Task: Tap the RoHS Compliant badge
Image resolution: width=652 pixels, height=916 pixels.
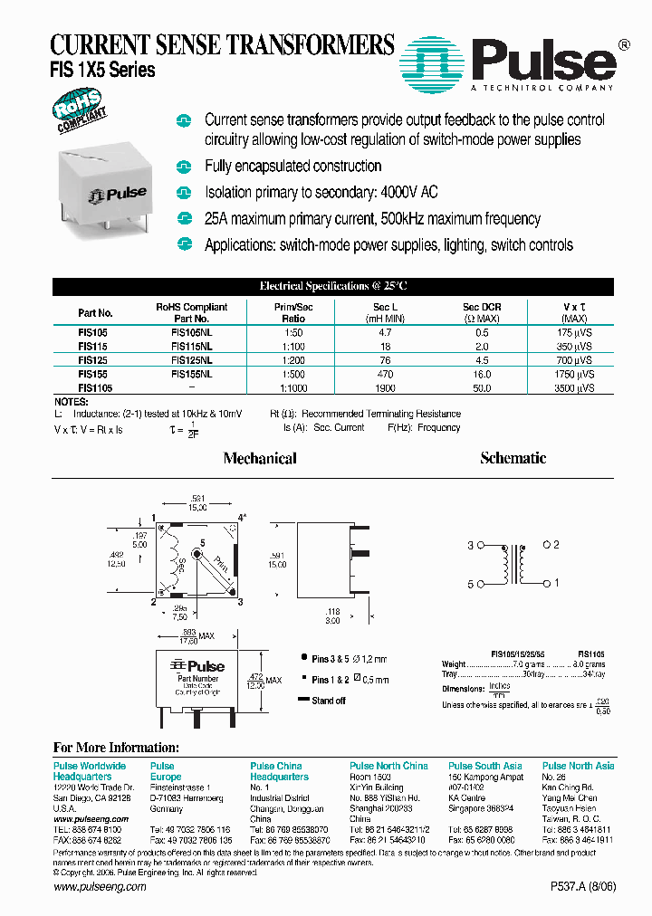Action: [81, 115]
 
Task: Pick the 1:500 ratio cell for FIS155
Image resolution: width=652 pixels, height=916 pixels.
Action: [293, 373]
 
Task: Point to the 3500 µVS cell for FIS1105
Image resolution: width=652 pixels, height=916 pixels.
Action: [575, 387]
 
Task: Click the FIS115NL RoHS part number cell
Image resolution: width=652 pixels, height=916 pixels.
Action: [192, 347]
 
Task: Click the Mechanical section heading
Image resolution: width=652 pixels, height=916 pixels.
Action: [260, 459]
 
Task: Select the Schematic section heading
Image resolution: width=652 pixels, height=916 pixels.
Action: [513, 458]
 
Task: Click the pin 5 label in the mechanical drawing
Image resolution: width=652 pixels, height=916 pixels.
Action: [202, 542]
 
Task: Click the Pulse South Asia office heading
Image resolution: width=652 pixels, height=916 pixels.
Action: [484, 766]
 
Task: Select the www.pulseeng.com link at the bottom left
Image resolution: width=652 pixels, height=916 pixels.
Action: [100, 887]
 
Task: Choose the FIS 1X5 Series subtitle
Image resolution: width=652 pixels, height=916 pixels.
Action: [102, 70]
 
